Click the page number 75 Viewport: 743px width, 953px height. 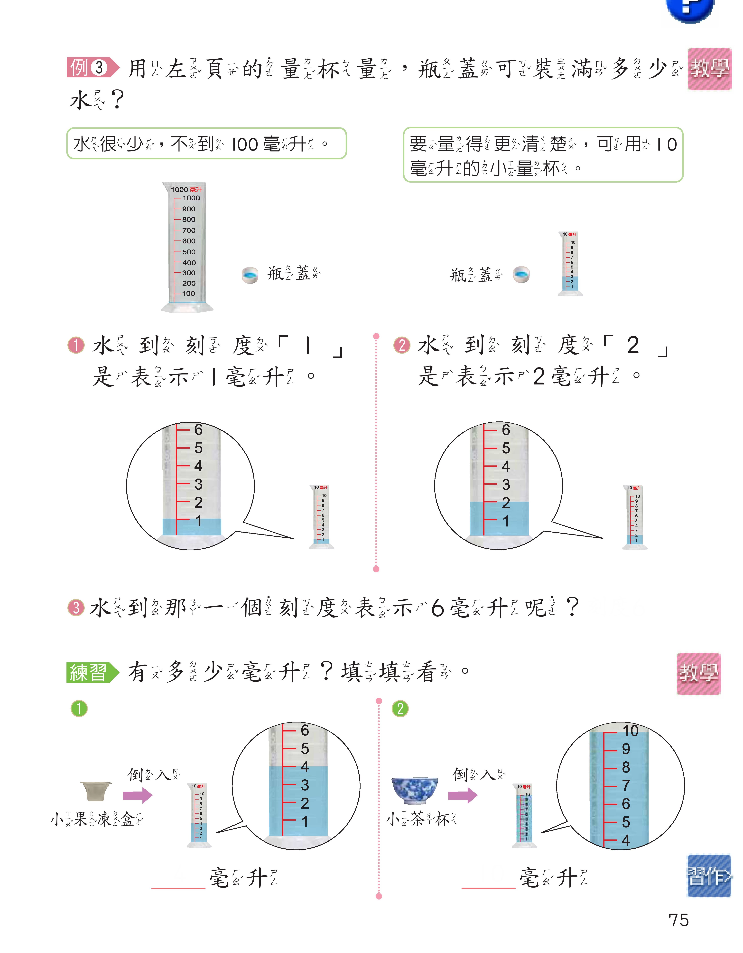point(678,920)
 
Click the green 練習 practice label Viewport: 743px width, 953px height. point(92,672)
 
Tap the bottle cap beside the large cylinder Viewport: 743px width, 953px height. point(250,275)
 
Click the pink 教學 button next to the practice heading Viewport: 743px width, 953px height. point(698,673)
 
